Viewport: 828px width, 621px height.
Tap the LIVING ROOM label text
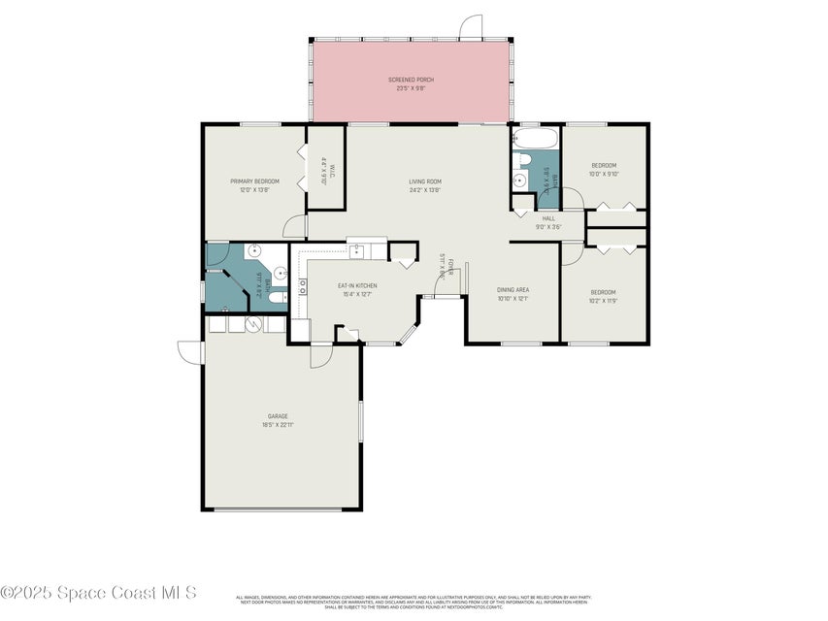pyautogui.click(x=425, y=181)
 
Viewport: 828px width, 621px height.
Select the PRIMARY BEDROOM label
pyautogui.click(x=254, y=181)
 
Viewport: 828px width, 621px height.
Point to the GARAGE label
pyautogui.click(x=279, y=415)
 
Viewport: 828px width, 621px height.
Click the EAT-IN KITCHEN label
pyautogui.click(x=357, y=285)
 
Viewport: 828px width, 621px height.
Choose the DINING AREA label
pyautogui.click(x=513, y=290)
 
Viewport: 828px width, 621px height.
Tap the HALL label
pyautogui.click(x=548, y=218)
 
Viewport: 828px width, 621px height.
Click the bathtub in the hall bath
pyautogui.click(x=535, y=139)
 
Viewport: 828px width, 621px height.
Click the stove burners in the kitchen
pyautogui.click(x=303, y=285)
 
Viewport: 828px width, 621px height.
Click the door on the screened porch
pyautogui.click(x=470, y=26)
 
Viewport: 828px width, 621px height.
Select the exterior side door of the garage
pyautogui.click(x=190, y=351)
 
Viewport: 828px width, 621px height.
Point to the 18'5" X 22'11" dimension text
pyautogui.click(x=279, y=424)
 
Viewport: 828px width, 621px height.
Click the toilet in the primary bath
pyautogui.click(x=276, y=297)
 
